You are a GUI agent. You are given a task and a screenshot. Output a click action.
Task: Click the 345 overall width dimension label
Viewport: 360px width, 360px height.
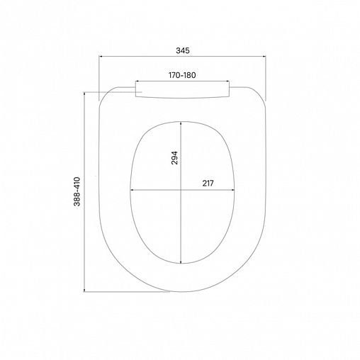tap(183, 51)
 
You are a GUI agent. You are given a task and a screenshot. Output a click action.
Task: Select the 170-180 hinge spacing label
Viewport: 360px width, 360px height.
tap(183, 74)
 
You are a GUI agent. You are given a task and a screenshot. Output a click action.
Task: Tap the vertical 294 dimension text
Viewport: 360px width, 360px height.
tap(174, 157)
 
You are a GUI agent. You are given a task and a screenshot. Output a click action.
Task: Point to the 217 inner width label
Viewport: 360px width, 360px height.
tap(208, 182)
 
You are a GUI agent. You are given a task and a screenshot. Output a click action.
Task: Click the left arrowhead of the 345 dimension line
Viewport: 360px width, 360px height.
tap(100, 60)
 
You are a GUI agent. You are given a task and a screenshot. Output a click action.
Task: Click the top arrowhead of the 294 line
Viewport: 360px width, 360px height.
tap(181, 121)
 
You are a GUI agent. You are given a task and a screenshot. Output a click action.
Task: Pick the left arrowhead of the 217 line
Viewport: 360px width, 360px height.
tap(132, 190)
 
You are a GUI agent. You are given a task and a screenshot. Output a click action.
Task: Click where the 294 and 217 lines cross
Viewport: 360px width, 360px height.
tap(181, 190)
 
